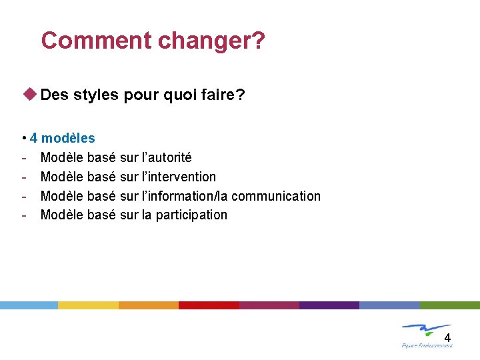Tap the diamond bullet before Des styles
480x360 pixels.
pyautogui.click(x=30, y=95)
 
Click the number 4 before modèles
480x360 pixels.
pyautogui.click(x=33, y=139)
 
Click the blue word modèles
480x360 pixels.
pyautogui.click(x=68, y=139)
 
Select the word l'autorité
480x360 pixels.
pyautogui.click(x=167, y=158)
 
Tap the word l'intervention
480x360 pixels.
pyautogui.click(x=179, y=177)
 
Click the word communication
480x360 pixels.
pyautogui.click(x=276, y=196)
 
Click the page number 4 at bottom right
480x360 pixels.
pyautogui.click(x=447, y=338)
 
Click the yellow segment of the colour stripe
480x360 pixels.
pyautogui.click(x=88, y=305)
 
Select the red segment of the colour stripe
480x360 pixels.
pyautogui.click(x=209, y=305)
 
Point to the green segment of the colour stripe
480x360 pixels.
pyautogui.click(x=449, y=305)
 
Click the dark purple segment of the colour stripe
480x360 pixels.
pyautogui.click(x=329, y=305)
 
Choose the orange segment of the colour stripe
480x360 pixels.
pyautogui.click(x=149, y=305)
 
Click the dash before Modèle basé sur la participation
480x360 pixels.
pyautogui.click(x=24, y=215)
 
